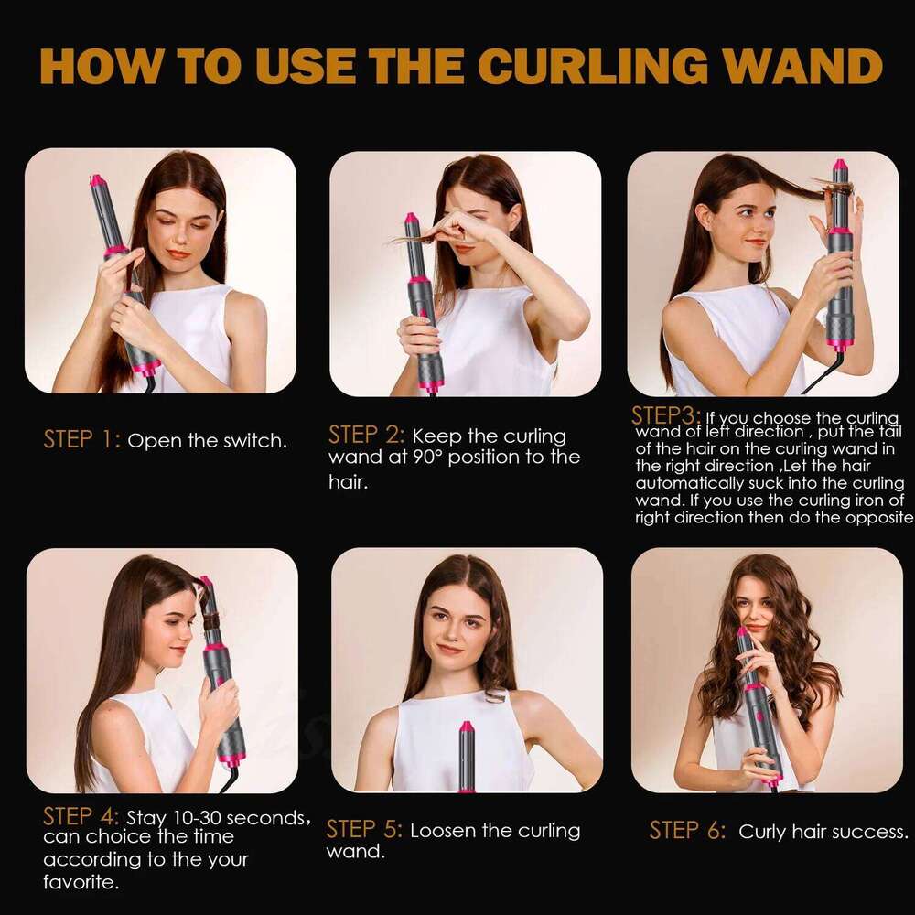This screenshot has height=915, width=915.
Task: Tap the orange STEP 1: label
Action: click(81, 440)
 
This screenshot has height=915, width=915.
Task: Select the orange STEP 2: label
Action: click(366, 435)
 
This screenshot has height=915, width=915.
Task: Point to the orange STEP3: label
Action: click(665, 415)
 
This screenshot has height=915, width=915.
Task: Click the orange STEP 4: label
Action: click(81, 816)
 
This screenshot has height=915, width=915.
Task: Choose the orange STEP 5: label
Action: click(364, 830)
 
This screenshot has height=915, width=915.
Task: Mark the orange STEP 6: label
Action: click(687, 831)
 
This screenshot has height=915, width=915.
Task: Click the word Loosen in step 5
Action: click(443, 831)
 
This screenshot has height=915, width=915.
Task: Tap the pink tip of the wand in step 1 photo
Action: click(97, 181)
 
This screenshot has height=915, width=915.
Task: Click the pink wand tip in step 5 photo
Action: click(467, 728)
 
